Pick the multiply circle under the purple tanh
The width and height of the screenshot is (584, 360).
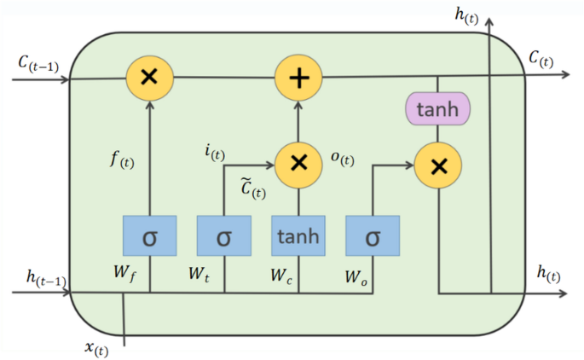[437, 166]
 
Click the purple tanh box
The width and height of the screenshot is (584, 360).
[437, 109]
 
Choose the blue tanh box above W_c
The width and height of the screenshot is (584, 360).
[298, 235]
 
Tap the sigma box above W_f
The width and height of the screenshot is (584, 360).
[149, 235]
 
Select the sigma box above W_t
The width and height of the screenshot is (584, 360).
[223, 235]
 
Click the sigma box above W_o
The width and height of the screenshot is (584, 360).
[372, 235]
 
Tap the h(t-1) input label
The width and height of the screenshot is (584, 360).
[43, 277]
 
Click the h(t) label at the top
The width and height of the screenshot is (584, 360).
[465, 15]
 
